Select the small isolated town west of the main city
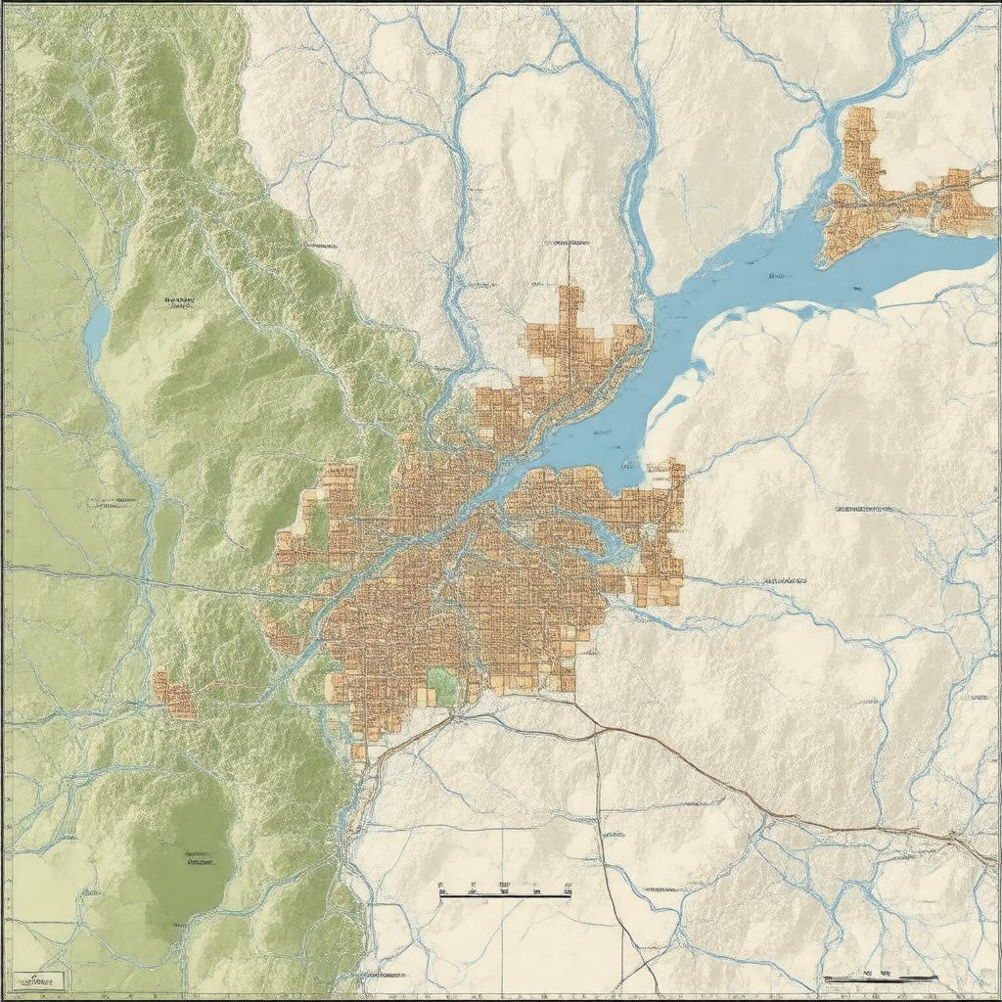point(175,696)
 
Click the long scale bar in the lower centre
point(506,893)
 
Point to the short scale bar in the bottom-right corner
point(880,977)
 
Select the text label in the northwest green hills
point(179,300)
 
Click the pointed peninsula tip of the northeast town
point(825,258)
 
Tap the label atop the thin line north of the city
point(568,240)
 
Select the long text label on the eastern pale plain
point(864,509)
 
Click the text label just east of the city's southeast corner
point(785,580)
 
